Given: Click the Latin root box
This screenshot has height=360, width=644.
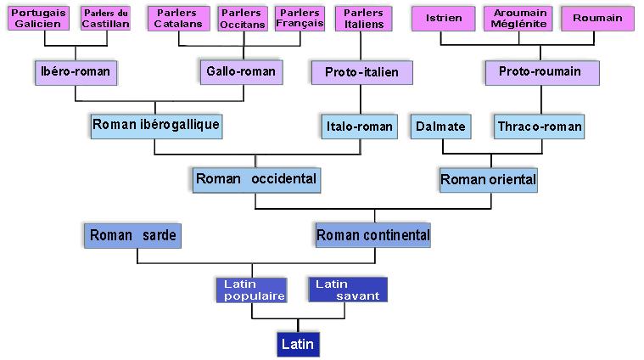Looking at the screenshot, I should point(298,345).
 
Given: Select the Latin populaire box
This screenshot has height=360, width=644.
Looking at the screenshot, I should point(251,290).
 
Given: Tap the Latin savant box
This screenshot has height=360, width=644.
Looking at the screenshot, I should point(348,290).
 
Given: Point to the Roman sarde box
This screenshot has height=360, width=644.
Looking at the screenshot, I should point(133,235).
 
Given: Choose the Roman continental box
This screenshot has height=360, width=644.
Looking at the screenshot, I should point(372,235).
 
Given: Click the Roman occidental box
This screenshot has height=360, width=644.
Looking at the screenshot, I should point(256,179).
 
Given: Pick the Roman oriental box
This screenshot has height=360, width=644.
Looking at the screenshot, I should point(488,179).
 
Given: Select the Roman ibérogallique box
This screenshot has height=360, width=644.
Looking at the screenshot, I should point(155,126).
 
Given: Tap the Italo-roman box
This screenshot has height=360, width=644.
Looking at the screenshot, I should point(360,127).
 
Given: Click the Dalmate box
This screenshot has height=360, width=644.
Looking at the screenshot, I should point(440,127).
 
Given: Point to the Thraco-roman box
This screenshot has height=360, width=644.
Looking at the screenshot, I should point(540,127).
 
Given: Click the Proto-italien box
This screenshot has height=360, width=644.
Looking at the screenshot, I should point(361,72).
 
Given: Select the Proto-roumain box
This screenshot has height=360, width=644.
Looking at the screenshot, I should point(533,72).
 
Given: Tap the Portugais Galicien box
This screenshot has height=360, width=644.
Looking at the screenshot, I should point(38,19).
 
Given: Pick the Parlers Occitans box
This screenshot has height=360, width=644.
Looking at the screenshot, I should point(240,19).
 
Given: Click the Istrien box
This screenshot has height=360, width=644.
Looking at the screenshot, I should point(441,19).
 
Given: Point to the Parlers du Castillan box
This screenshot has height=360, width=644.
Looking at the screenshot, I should point(106,19).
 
